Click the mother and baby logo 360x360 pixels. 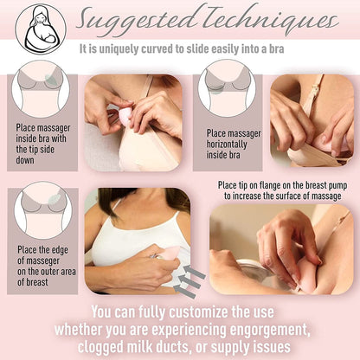point(41,29)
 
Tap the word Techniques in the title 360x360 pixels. point(269,20)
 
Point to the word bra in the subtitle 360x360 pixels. point(277,48)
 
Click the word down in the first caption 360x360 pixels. point(25,160)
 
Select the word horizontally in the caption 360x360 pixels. point(227,144)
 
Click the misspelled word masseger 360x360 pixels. point(38,260)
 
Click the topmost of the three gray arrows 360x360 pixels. point(194,272)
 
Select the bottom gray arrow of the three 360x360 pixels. point(184,291)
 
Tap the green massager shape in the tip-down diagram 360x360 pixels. point(51,80)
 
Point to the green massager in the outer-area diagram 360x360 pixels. point(54,200)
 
